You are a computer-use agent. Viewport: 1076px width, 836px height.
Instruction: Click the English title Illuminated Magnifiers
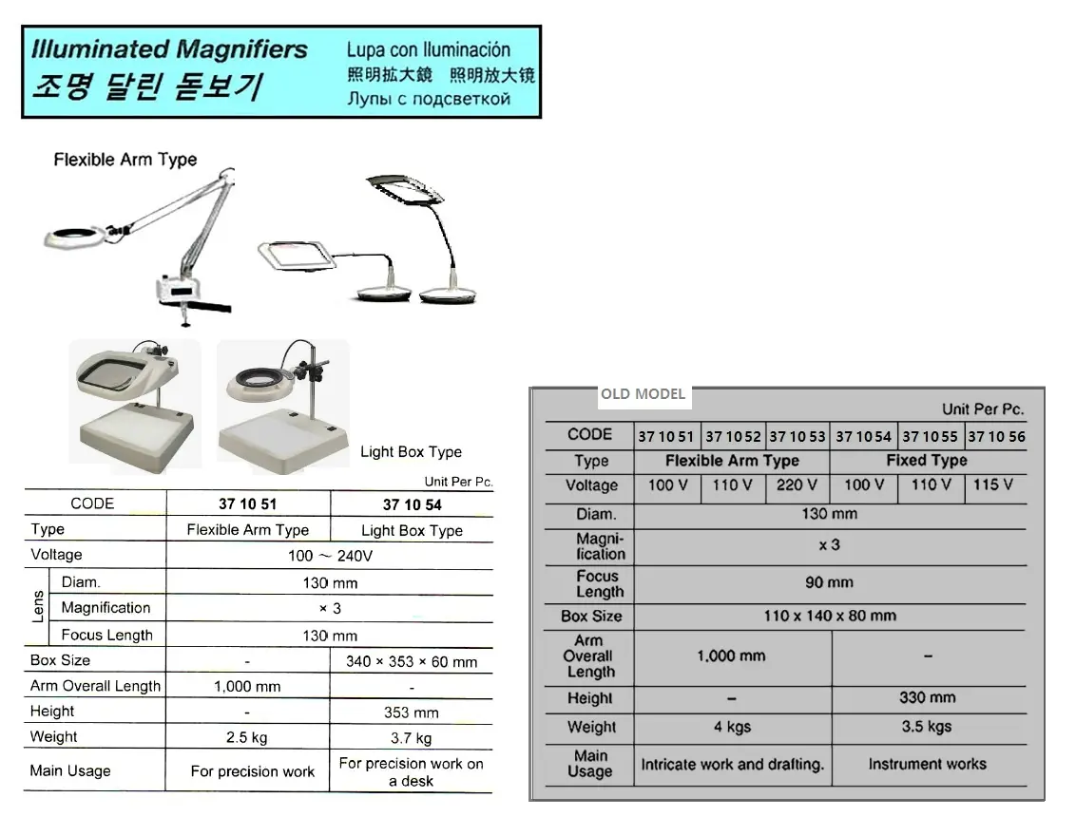click(x=169, y=49)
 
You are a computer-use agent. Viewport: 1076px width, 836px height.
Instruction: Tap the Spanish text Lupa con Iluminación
click(x=428, y=50)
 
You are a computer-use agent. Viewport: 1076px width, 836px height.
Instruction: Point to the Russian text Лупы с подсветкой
click(x=429, y=100)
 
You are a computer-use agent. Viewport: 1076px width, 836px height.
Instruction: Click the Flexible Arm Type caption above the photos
click(x=125, y=160)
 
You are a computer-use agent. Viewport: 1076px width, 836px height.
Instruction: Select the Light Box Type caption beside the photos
click(x=411, y=452)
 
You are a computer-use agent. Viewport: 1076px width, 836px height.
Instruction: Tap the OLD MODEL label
click(x=643, y=394)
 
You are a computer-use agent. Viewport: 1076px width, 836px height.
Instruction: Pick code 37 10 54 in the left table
click(x=412, y=505)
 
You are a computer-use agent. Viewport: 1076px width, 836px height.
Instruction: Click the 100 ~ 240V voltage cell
click(x=330, y=556)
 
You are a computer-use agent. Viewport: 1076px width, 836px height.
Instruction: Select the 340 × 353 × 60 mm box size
click(x=411, y=662)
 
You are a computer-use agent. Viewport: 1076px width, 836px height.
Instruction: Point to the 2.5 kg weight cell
click(x=247, y=738)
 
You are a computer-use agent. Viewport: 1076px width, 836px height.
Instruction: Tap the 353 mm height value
click(x=411, y=712)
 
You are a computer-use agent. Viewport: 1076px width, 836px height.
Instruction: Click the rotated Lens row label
click(x=38, y=607)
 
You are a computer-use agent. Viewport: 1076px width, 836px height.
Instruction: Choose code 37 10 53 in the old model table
click(x=797, y=436)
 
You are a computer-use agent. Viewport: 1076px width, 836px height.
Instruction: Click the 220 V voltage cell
click(x=797, y=485)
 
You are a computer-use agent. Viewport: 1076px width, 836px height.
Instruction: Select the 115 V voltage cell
click(x=993, y=484)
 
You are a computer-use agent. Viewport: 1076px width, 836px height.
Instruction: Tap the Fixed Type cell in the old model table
click(x=927, y=460)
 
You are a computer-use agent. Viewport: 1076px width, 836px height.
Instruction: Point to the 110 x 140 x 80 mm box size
click(x=830, y=616)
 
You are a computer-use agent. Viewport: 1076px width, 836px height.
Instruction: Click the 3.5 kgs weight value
click(x=927, y=727)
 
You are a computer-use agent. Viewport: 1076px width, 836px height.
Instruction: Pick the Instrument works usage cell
click(x=927, y=764)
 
